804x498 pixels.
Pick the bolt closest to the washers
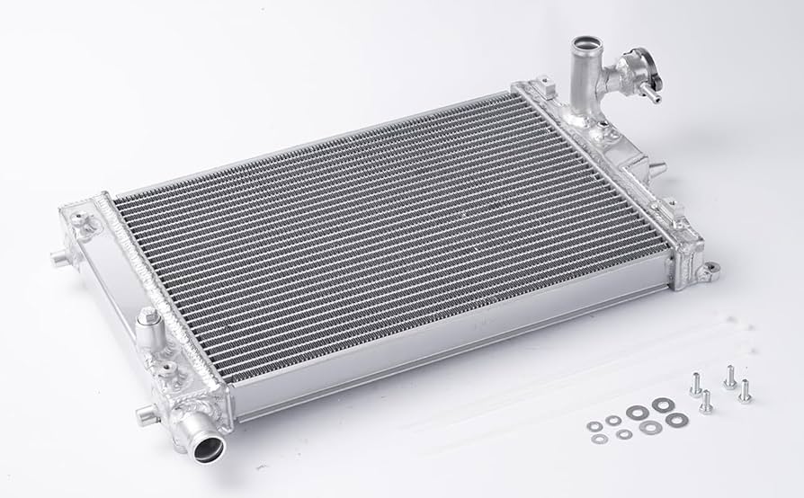click(x=706, y=403)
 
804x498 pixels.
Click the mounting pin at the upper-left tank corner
click(x=59, y=259)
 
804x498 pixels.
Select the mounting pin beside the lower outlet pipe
click(x=146, y=414)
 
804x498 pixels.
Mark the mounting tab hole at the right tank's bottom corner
click(x=710, y=267)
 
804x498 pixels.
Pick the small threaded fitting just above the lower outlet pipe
click(x=167, y=371)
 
